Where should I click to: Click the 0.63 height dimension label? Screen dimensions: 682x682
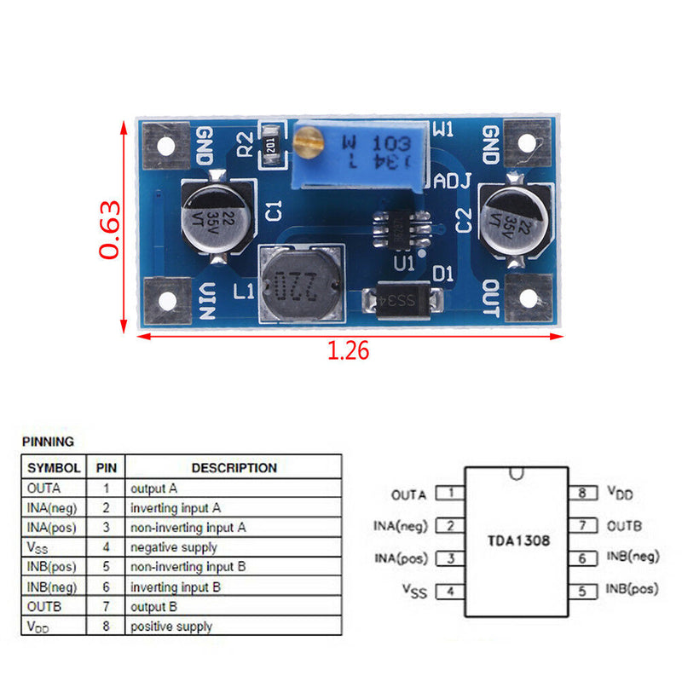110,228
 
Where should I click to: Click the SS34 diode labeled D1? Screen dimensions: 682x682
402,300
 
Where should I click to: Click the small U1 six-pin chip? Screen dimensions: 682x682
398,228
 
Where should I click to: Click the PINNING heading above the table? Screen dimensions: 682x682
48,442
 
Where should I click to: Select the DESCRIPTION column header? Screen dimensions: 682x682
234,467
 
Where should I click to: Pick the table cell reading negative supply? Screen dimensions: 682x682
174,547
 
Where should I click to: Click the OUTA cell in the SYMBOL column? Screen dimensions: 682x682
44,489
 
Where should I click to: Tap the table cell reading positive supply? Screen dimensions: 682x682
171,627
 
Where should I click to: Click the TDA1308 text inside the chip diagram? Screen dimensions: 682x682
518,540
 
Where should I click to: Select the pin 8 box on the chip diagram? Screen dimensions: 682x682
581,493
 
